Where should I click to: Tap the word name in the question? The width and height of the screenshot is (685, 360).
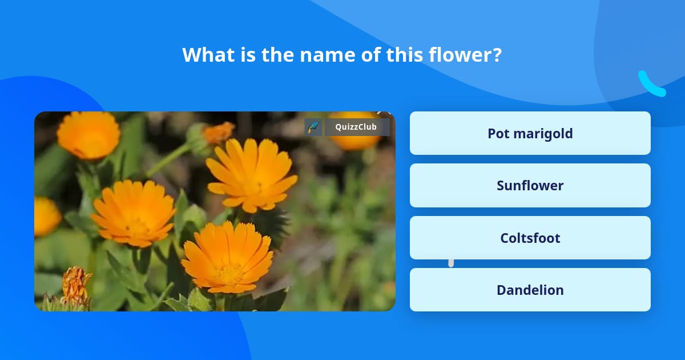click(325, 55)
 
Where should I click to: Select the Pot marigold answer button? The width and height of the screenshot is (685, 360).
click(530, 133)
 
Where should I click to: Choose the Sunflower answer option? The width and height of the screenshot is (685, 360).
click(530, 185)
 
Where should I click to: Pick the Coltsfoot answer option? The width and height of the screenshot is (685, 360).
click(530, 238)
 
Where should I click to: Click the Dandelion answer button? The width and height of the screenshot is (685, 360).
click(530, 290)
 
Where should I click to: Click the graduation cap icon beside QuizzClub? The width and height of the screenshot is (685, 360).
click(313, 127)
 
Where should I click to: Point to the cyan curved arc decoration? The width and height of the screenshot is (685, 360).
click(650, 85)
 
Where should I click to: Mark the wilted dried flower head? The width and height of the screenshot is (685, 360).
click(75, 286)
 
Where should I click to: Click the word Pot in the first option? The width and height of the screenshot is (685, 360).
click(498, 133)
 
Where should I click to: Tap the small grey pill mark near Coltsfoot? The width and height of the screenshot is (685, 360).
click(451, 262)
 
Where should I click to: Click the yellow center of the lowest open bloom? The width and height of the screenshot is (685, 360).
click(229, 273)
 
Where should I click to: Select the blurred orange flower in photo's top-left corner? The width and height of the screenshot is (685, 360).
click(88, 135)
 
